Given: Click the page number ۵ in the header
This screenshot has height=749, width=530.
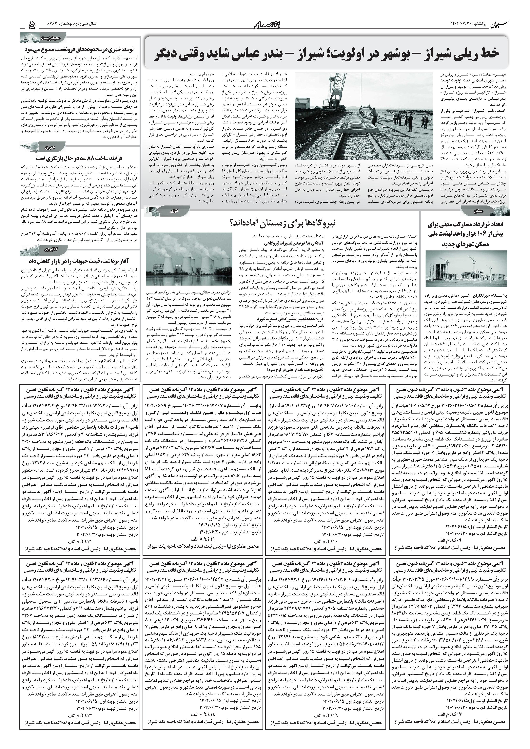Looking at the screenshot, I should pyautogui.click(x=32, y=24).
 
